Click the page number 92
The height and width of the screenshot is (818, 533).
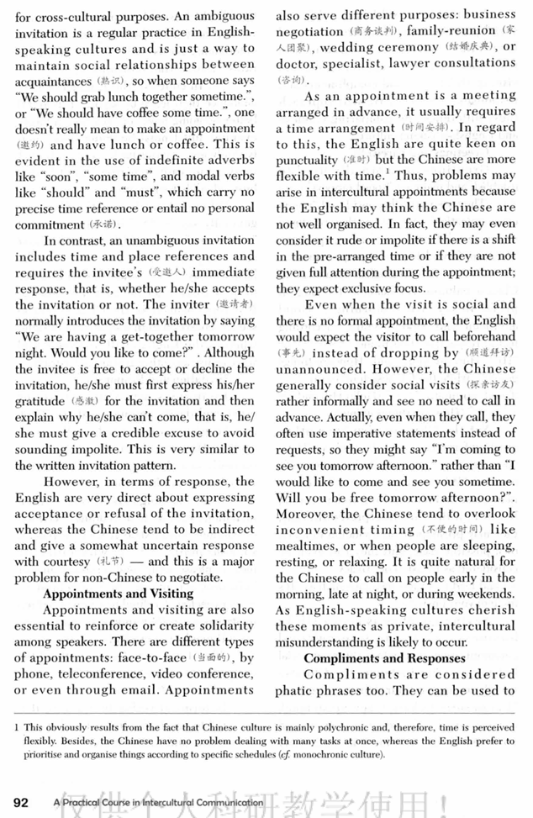(20, 802)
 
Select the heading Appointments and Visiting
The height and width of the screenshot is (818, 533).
(118, 593)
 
